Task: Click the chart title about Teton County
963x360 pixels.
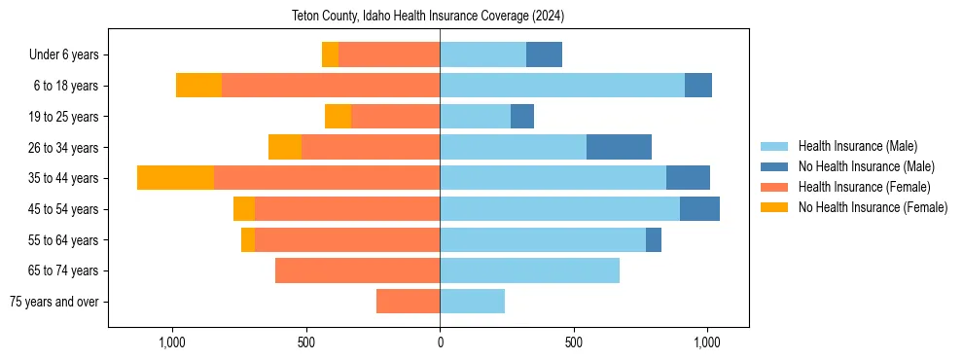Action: click(x=428, y=17)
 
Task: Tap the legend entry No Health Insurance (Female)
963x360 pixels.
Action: click(x=873, y=207)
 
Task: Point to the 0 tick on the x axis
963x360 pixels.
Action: click(x=440, y=342)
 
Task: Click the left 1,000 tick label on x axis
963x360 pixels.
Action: click(x=171, y=342)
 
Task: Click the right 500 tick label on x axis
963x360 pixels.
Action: click(x=574, y=342)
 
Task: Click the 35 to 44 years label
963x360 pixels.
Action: click(x=64, y=178)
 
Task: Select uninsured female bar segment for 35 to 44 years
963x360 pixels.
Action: click(x=175, y=178)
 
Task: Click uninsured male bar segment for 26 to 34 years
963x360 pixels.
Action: click(x=619, y=147)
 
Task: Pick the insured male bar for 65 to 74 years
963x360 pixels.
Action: click(x=529, y=270)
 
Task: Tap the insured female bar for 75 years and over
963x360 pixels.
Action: click(x=408, y=302)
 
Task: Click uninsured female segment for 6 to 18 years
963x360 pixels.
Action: click(x=198, y=86)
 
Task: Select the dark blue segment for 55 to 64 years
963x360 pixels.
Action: click(x=654, y=239)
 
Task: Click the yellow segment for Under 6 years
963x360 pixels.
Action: click(x=330, y=55)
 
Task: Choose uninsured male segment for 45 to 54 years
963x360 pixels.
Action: click(x=699, y=209)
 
